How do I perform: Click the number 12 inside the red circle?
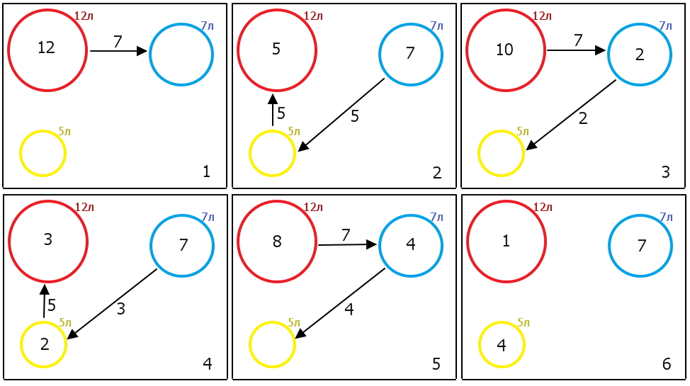pos(46,48)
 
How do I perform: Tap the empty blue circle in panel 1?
pos(181,55)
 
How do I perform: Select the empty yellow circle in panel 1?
pos(43,153)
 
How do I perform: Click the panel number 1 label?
pos(206,171)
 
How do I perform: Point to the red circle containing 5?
pos(276,50)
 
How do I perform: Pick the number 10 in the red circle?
pos(504,50)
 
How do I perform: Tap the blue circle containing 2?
pos(640,55)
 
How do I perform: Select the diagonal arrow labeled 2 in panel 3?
pos(571,115)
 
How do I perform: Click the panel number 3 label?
pos(665,171)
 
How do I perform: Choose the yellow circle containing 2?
pos(44,345)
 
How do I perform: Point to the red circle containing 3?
pos(47,240)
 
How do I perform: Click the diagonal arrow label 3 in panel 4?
pos(121,309)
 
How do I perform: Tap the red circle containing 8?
pos(276,242)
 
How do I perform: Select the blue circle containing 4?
pos(411,246)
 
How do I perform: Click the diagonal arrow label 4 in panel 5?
pos(349,309)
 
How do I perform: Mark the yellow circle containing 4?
pos(502,346)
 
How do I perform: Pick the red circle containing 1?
pos(506,242)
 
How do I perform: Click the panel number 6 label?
pos(667,364)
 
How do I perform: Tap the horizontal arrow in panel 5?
pos(347,244)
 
